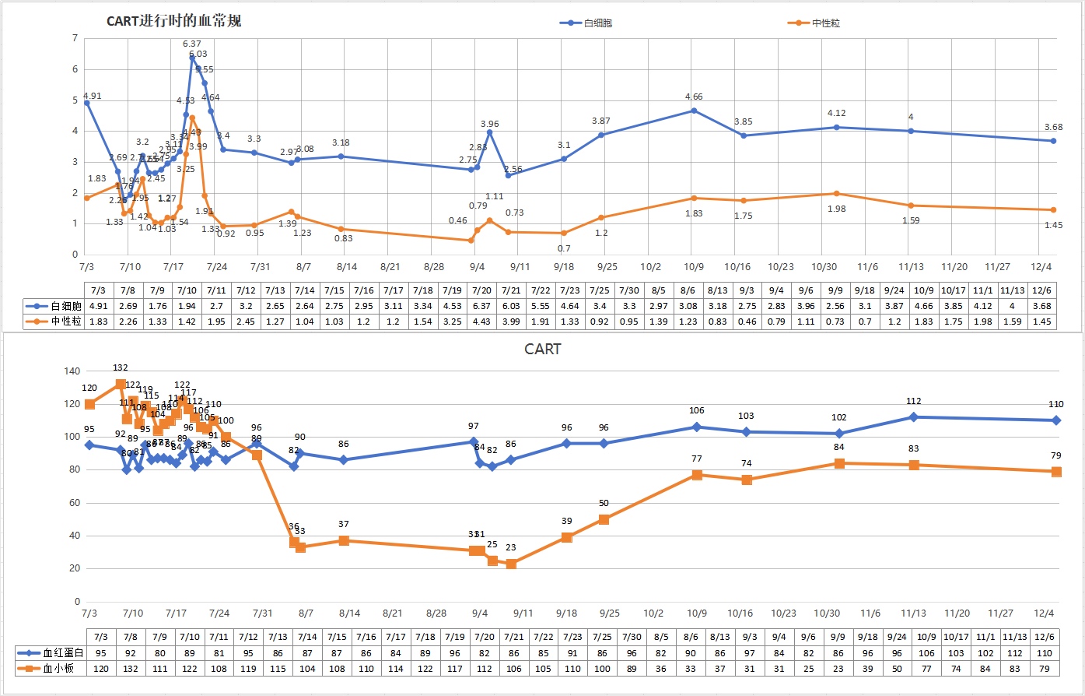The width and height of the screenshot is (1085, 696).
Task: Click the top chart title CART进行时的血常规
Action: click(x=173, y=21)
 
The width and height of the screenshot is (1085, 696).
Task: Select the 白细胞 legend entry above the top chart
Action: click(x=597, y=23)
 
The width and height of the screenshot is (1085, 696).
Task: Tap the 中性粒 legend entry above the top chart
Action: click(x=825, y=23)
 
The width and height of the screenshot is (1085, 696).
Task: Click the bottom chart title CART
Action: click(x=542, y=350)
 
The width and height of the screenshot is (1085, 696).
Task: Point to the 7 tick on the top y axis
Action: click(x=75, y=38)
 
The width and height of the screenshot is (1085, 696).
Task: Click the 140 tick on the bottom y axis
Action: click(x=72, y=371)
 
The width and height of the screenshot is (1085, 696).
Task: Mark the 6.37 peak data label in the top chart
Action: click(x=191, y=44)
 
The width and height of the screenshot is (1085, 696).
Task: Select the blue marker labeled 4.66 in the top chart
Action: click(x=694, y=111)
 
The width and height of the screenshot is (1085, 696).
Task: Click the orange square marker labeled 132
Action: click(x=121, y=384)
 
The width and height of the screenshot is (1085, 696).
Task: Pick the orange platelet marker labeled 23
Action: click(x=511, y=564)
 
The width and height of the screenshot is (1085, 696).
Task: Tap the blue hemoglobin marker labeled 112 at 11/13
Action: click(x=914, y=417)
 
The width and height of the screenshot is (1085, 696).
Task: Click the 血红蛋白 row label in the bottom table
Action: click(x=63, y=653)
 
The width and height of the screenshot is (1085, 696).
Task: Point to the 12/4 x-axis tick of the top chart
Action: click(x=1042, y=267)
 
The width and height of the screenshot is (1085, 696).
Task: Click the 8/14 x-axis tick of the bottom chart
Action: click(x=349, y=613)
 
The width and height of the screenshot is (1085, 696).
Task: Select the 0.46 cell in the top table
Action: click(x=747, y=322)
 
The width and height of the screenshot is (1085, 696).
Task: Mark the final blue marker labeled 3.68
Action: click(x=1053, y=141)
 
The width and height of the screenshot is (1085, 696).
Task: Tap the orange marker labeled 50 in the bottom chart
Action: click(x=604, y=519)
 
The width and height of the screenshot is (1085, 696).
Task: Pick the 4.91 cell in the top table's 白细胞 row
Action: click(x=99, y=306)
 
